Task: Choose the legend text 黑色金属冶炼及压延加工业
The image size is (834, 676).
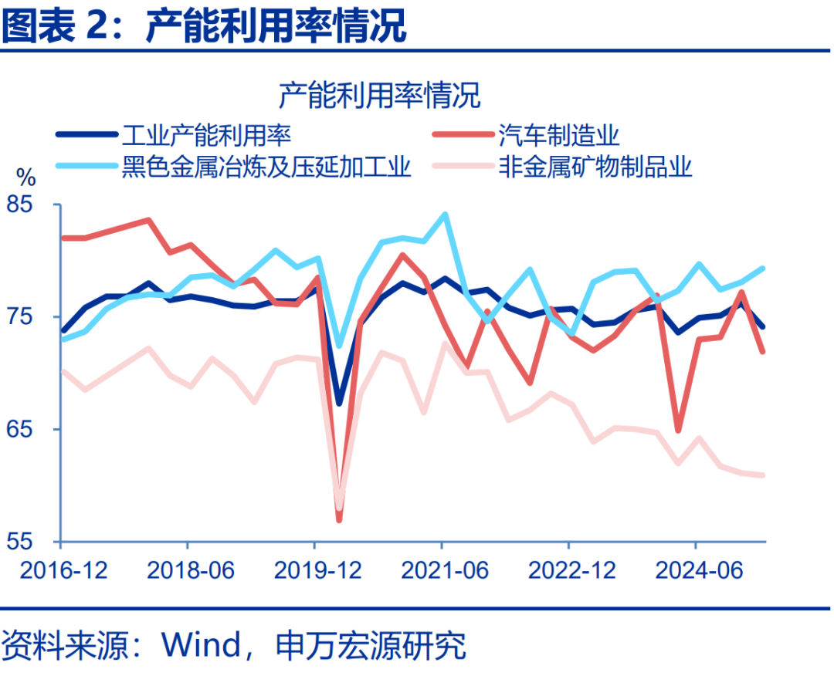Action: point(266,167)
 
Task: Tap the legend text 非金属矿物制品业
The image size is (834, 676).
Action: point(595,167)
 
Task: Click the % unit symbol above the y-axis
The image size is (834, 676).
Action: point(26,178)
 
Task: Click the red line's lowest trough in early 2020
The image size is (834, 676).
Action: point(339,520)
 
